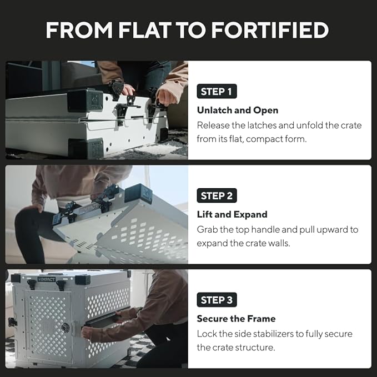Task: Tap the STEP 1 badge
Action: [x=217, y=92]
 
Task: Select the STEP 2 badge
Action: [x=217, y=195]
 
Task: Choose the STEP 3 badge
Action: [x=217, y=300]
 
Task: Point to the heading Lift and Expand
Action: [x=232, y=214]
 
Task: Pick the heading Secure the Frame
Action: [x=236, y=319]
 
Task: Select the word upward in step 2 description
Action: [x=336, y=229]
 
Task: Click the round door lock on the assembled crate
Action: [x=65, y=327]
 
